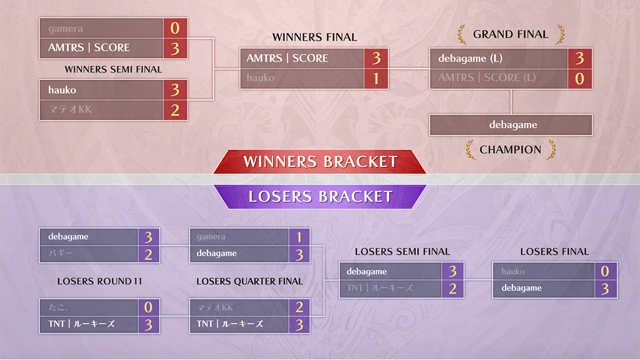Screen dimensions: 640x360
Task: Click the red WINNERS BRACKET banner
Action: (x=320, y=162)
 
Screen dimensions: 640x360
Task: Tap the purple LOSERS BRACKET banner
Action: (x=320, y=197)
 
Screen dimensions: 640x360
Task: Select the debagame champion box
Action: (x=511, y=125)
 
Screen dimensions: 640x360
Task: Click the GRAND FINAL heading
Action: (x=510, y=34)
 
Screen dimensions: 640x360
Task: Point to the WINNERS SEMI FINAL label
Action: (x=114, y=69)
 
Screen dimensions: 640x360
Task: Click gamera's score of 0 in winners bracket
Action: (x=175, y=28)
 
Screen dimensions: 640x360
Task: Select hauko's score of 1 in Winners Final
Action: (x=376, y=78)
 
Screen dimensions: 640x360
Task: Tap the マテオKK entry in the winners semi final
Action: (x=70, y=109)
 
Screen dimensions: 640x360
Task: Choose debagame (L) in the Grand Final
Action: (x=470, y=58)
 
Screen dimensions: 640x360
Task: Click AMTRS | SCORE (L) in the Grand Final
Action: (x=487, y=78)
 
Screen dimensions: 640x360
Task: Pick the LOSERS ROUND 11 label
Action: (x=99, y=281)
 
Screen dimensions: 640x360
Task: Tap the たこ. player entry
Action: (x=58, y=307)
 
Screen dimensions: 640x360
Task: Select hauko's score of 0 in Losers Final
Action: (x=605, y=271)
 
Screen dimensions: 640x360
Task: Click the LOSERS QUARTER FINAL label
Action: (x=250, y=281)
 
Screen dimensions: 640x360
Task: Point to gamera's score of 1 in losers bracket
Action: (x=299, y=237)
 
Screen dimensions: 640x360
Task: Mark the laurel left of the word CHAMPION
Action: (x=471, y=149)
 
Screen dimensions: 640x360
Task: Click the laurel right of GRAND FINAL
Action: (x=560, y=34)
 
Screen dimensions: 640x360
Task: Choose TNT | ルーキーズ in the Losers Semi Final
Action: (x=379, y=288)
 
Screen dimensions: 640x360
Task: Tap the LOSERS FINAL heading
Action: (x=554, y=252)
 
